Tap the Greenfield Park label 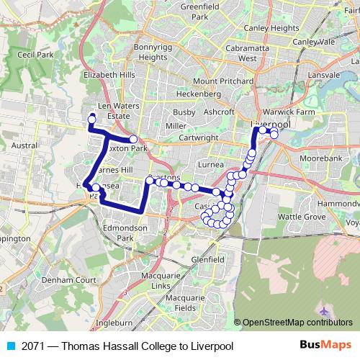tap(199, 11)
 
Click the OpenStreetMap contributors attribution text tap(298, 323)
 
